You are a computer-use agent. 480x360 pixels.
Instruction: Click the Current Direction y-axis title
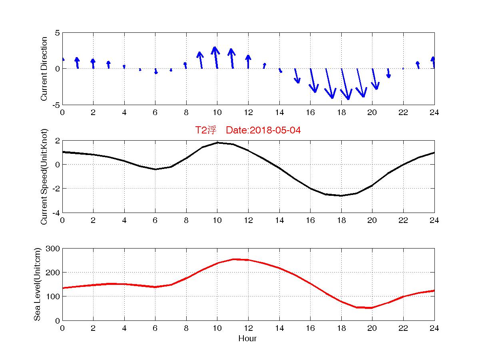click(44, 69)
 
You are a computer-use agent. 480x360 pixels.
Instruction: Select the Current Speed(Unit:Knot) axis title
click(44, 176)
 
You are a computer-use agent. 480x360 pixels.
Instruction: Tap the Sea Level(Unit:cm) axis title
click(37, 284)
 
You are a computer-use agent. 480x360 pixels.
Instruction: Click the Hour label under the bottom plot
click(247, 339)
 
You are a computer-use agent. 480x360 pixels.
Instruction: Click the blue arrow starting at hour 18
click(345, 84)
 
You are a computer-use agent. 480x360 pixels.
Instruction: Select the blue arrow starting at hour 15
click(297, 76)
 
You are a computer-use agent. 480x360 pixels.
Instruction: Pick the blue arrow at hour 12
click(248, 62)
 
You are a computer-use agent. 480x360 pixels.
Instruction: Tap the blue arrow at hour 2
click(93, 64)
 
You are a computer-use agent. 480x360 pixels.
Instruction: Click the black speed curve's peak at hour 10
click(217, 143)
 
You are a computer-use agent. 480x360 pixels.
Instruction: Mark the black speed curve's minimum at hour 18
click(341, 195)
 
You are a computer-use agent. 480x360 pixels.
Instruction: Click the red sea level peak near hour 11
click(233, 259)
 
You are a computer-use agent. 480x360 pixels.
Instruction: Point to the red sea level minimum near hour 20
click(372, 308)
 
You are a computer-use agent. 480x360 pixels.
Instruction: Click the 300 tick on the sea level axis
click(54, 249)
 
